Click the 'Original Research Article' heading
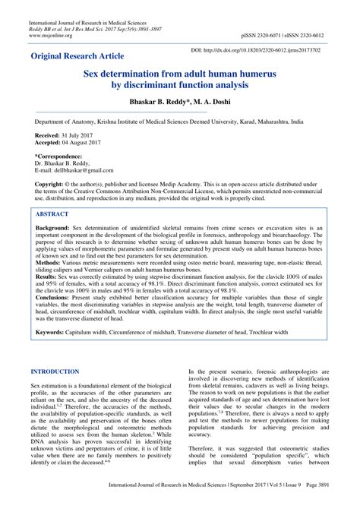coord(84,57)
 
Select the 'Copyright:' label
coord(54,185)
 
